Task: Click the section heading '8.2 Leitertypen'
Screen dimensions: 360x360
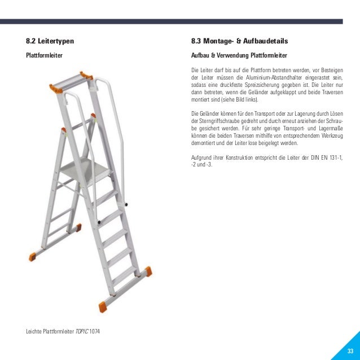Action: pyautogui.click(x=50, y=42)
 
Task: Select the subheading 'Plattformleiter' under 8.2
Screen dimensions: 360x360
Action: pyautogui.click(x=44, y=56)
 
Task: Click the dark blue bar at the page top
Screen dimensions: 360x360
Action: pyautogui.click(x=180, y=21)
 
